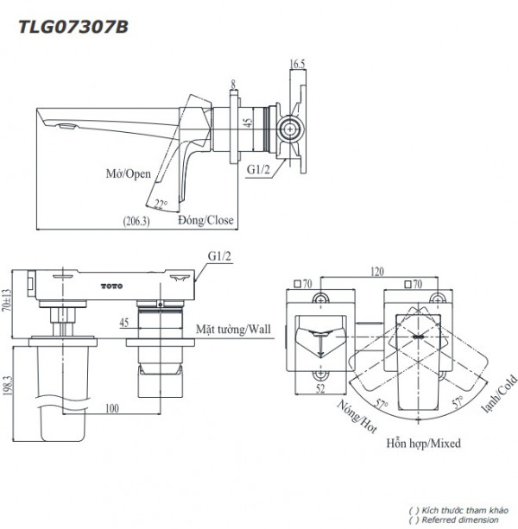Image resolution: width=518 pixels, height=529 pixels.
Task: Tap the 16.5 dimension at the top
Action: tap(298, 63)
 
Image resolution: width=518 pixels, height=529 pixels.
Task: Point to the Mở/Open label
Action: tap(126, 173)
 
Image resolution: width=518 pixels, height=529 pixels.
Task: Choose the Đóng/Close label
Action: tap(206, 220)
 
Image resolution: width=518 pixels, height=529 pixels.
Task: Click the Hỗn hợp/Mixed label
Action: tap(423, 443)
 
